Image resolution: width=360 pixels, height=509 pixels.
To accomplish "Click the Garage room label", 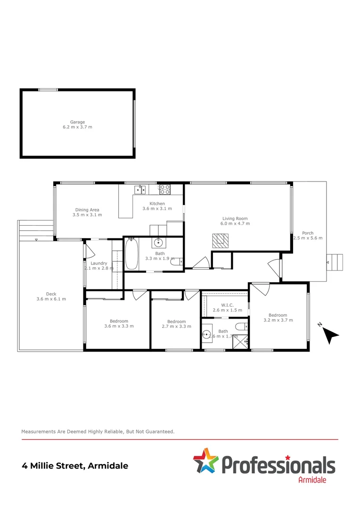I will pos(78,122).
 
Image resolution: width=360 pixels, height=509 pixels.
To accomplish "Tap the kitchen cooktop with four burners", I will pos(165,189).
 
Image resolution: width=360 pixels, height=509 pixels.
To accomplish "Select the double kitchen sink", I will pos(140,189).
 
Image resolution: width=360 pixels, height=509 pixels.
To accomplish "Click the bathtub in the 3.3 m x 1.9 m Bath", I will pos(131,254).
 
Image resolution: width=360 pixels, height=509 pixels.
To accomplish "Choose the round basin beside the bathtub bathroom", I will pos(158,243).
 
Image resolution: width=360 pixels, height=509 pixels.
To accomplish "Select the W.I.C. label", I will pos(228,304).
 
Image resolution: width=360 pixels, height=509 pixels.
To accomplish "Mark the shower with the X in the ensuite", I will pos(240,342).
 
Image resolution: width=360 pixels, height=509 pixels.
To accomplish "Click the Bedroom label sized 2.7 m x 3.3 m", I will pos(176,322).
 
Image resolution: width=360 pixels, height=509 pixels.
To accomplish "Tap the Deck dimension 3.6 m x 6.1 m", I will pos(51,299).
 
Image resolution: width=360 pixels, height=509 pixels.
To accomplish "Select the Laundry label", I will pos(98,263).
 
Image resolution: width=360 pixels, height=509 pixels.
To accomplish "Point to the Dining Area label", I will pos(87,210).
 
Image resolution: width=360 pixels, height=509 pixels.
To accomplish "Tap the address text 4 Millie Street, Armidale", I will pos(75,466).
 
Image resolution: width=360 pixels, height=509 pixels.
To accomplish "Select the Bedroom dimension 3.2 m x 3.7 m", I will pos(278,320).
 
